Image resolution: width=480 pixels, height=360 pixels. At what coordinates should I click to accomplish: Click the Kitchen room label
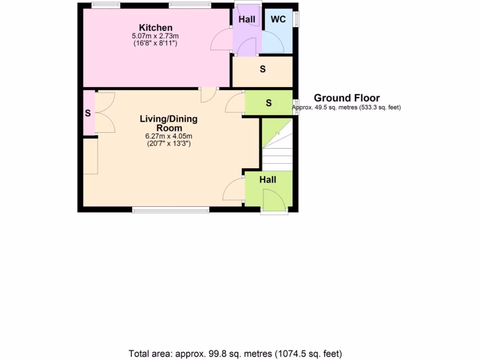pos(156,28)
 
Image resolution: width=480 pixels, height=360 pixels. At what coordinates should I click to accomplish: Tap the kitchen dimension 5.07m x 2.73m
pos(156,36)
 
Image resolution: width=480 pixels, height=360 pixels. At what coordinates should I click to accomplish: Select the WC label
pos(278,20)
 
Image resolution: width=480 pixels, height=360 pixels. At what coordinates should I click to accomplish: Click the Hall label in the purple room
pos(247,20)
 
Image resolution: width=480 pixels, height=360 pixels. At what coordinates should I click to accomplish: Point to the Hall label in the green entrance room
pos(268,180)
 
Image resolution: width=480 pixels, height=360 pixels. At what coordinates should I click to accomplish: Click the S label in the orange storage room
pos(262,69)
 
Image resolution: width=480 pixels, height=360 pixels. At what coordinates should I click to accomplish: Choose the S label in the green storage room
pos(269,103)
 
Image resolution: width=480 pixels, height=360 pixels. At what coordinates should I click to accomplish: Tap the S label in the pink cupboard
pos(88,113)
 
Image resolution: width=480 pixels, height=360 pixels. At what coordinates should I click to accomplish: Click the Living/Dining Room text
pos(169,123)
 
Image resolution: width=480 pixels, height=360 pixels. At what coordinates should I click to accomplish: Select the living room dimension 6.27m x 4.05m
pos(169,136)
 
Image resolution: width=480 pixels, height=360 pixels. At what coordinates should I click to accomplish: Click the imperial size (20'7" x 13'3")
pos(169,144)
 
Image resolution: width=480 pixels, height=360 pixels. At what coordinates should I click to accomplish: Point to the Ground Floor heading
pos(346,98)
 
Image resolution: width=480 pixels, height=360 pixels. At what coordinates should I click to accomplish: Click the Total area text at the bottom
pos(235,353)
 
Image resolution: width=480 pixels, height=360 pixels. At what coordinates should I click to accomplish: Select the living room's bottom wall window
pos(171,210)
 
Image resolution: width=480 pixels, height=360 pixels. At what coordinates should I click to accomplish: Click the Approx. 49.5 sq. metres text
pos(346,107)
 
